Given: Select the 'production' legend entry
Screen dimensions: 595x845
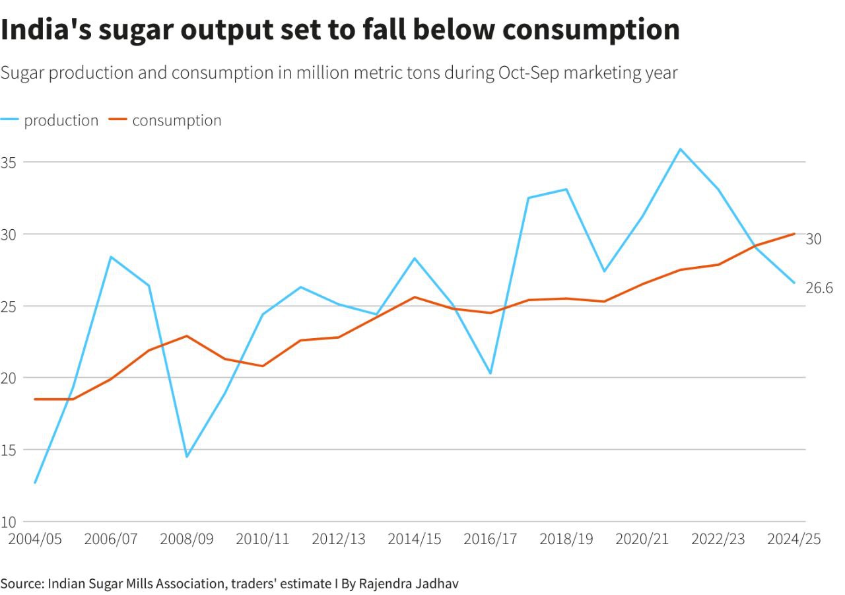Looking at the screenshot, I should point(61,120).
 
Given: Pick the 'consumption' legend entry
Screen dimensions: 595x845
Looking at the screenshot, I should point(176,120).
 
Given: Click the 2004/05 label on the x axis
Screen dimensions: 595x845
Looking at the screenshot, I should point(34,539).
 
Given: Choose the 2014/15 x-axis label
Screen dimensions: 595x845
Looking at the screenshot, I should point(415,539).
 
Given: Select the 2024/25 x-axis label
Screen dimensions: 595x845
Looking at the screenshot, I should point(794,539).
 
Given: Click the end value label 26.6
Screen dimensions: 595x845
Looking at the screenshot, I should point(819,288).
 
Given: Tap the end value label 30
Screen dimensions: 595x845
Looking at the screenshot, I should point(813,239).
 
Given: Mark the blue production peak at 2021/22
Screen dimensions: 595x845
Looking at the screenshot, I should point(680,149).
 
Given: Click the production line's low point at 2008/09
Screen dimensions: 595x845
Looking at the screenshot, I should point(187,456).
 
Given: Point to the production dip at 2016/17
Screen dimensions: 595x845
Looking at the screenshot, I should point(490,373).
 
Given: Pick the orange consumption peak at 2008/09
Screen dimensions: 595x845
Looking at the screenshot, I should point(187,336).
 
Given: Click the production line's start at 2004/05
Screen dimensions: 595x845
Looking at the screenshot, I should point(34,483).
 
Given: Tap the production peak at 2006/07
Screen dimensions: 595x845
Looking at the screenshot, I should point(111,257).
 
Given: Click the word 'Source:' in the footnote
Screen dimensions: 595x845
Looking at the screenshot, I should point(22,584).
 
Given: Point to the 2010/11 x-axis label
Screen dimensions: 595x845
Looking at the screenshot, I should point(263,539).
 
